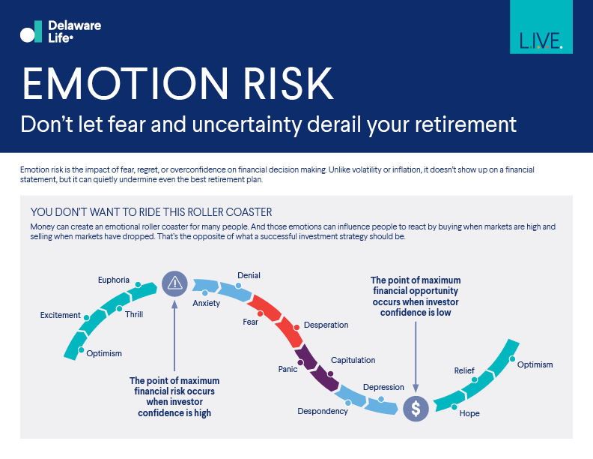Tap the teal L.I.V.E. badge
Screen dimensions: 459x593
pos(541,28)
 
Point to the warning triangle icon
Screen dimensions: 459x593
pos(174,283)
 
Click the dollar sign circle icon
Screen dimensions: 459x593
pos(416,408)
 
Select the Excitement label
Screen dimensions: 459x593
pos(60,315)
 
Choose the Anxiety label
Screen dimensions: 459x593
pos(207,303)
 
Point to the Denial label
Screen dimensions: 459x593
pos(249,275)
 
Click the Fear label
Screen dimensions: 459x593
pos(250,322)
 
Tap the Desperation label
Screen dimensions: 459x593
pos(326,325)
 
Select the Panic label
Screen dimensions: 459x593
pos(288,369)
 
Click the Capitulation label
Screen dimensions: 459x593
pos(353,360)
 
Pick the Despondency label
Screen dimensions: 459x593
pos(323,411)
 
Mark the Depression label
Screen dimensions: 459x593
pos(383,387)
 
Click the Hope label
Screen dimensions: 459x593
pos(469,413)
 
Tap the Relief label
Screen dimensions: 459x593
pos(464,370)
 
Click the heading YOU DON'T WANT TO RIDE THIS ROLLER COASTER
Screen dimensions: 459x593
pos(150,211)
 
